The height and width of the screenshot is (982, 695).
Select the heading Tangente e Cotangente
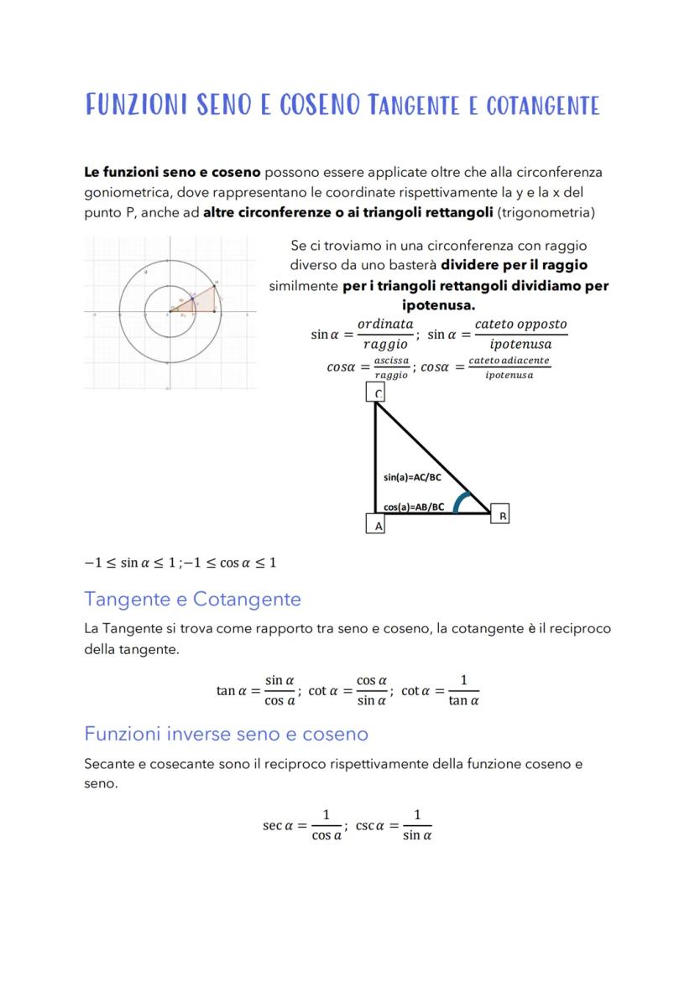(192, 600)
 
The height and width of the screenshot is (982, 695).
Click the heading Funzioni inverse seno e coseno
(226, 734)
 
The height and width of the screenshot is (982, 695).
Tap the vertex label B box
(501, 515)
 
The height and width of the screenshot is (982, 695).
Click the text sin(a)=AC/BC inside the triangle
(412, 477)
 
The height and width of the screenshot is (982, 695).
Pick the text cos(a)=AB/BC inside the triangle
(414, 507)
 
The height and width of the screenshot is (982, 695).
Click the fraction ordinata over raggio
(385, 333)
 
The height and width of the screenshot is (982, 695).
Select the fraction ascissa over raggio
(391, 366)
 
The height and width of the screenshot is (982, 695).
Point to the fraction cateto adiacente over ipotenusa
(509, 366)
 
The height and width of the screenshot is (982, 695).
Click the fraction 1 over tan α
(463, 690)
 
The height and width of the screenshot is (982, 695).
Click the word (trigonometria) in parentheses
(546, 213)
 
